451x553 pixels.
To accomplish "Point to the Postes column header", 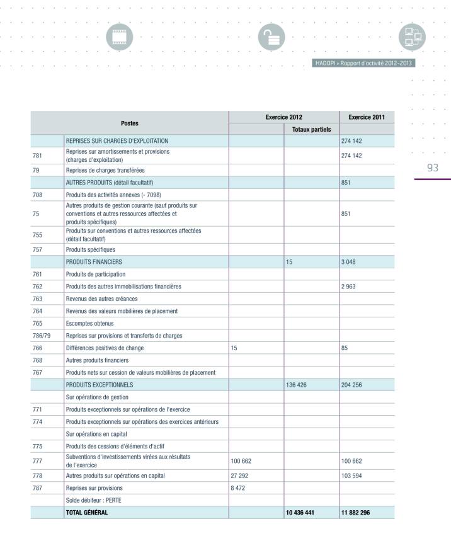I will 130,123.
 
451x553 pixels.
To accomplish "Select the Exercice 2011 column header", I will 367,118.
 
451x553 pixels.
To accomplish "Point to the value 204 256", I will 353,384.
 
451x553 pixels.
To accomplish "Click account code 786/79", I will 41,336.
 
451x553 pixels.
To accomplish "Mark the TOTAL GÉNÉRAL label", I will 87,513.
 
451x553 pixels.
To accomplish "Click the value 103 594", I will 353,476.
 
